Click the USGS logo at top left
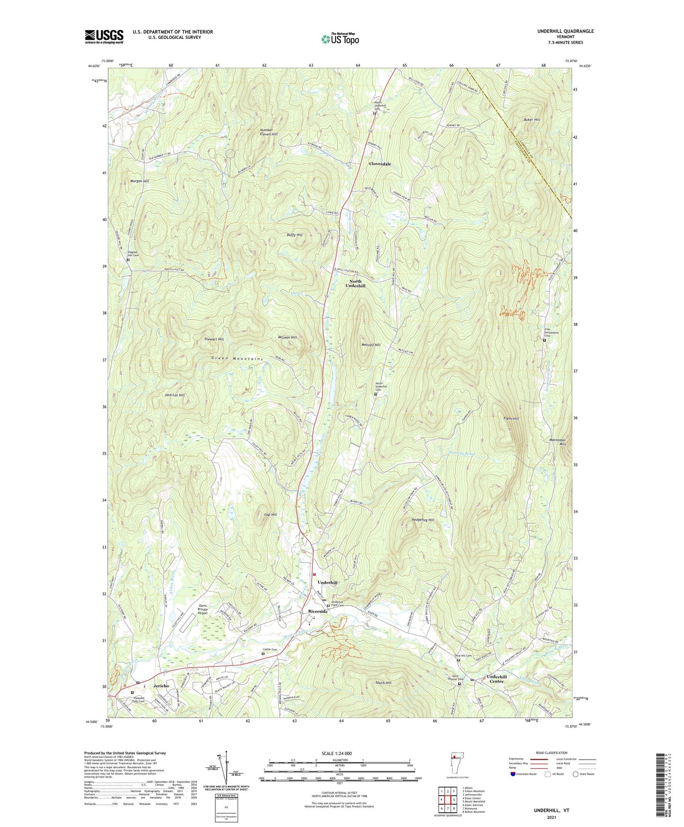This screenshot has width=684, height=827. point(104,36)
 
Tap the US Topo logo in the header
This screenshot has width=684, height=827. point(339,39)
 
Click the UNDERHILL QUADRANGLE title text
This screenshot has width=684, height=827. point(565,31)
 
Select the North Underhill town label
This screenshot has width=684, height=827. point(355,284)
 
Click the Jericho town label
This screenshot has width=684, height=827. point(161,686)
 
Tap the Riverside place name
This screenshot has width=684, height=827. point(318,611)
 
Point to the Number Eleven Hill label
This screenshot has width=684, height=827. point(269,132)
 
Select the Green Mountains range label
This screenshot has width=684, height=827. point(237,359)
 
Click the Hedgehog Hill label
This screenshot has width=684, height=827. point(423,520)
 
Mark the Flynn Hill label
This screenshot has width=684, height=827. point(511,419)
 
